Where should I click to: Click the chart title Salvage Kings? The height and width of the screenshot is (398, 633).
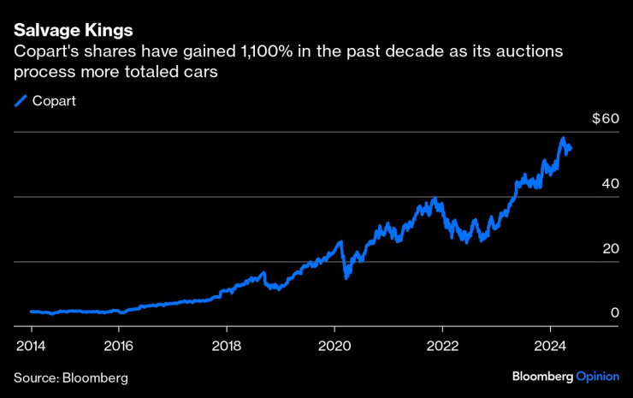(x=73, y=31)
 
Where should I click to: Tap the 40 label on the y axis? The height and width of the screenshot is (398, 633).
(x=609, y=183)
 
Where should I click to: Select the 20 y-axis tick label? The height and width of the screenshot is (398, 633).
(x=609, y=248)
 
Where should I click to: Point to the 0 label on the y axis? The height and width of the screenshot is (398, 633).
(x=614, y=313)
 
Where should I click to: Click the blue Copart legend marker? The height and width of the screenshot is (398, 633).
(x=21, y=101)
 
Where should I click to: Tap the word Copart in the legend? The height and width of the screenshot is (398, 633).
(x=54, y=101)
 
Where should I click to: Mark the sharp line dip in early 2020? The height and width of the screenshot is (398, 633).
(x=346, y=276)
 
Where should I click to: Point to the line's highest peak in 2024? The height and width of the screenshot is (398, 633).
(x=563, y=138)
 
